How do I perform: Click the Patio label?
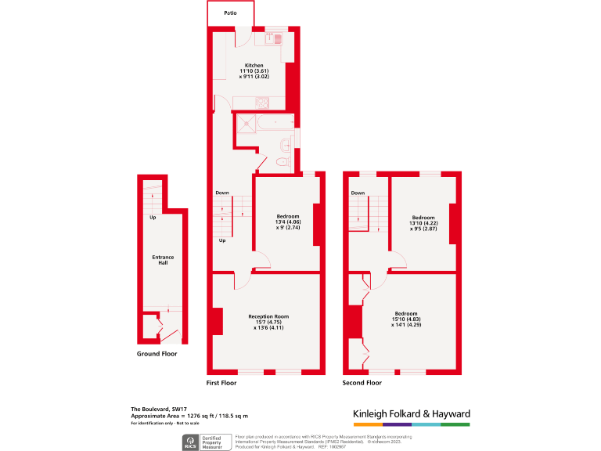pos(231,13)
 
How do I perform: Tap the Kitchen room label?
pos(254,65)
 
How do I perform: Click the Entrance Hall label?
pos(163,260)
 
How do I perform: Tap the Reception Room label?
pos(268,316)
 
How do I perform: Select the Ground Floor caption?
pos(157,354)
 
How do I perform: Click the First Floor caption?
pos(221,383)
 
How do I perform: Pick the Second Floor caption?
pos(362,383)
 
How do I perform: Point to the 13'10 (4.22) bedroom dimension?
pos(423,223)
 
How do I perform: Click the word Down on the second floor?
pos(358,193)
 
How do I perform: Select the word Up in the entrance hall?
pos(153,217)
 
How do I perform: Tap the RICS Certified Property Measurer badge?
pos(207,442)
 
